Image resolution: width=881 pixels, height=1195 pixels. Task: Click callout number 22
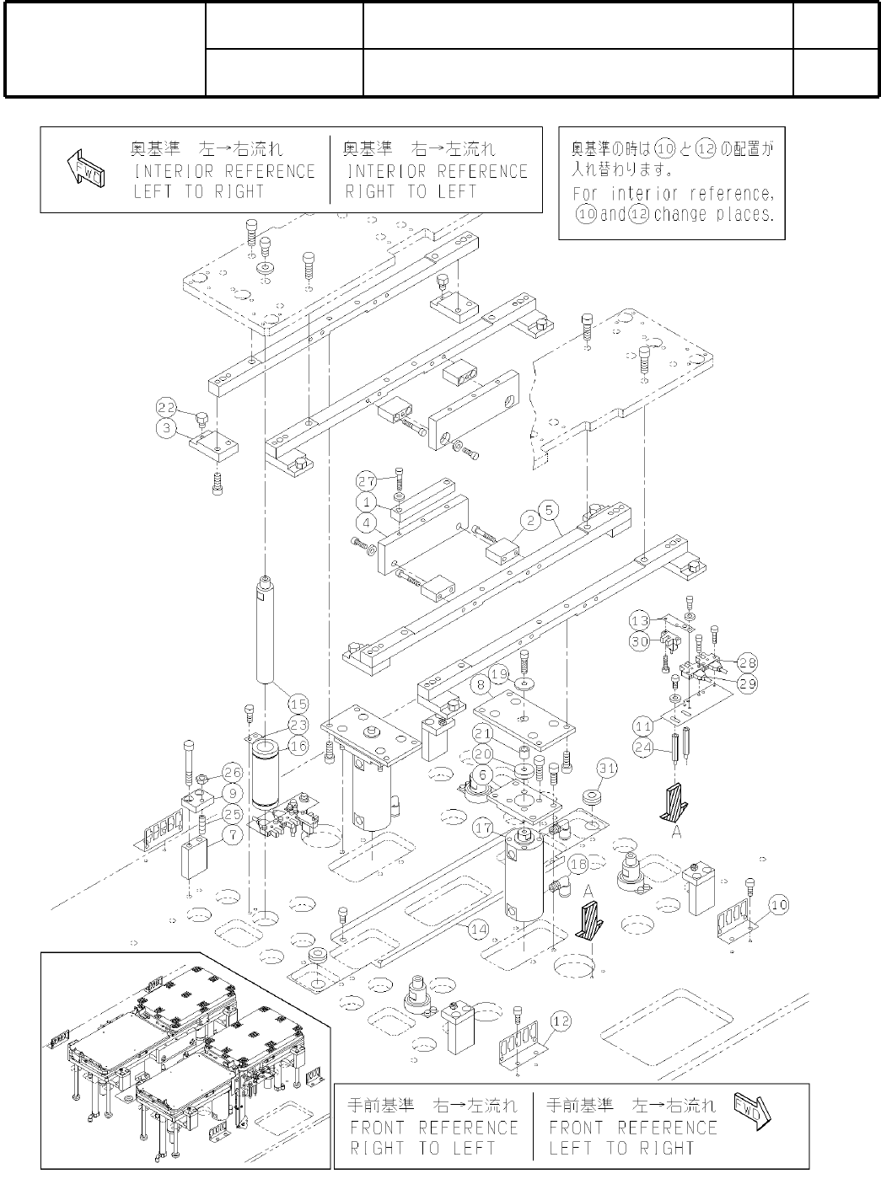(x=165, y=407)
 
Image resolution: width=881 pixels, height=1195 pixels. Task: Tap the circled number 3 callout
(x=165, y=428)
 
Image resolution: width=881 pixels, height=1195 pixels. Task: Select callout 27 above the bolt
(x=365, y=481)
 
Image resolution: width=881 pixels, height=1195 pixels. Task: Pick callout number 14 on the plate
(x=478, y=930)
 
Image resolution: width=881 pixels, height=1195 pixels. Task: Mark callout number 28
(x=747, y=662)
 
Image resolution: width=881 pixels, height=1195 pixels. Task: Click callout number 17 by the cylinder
(x=483, y=828)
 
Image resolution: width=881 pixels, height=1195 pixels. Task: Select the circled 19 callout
(x=499, y=674)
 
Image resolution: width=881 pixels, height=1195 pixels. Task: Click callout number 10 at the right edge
(x=779, y=905)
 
